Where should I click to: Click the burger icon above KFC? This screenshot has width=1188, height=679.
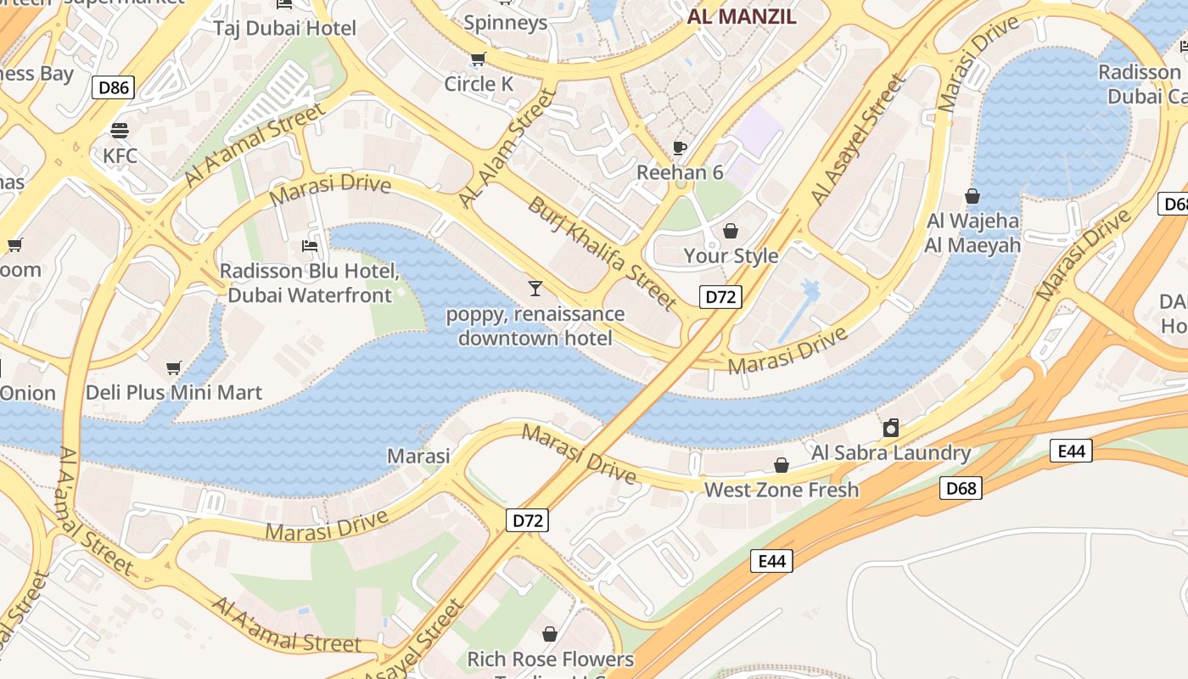[x=120, y=130]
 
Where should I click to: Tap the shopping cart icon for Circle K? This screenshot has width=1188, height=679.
[x=478, y=59]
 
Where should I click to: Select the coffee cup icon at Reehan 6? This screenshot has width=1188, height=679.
[x=679, y=148]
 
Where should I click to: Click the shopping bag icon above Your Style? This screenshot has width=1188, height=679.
[x=731, y=230]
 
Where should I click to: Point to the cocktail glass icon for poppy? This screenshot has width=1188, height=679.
[x=535, y=288]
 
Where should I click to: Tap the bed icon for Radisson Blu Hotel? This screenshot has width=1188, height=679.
[x=310, y=246]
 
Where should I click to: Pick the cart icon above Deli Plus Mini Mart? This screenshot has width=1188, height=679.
[x=174, y=368]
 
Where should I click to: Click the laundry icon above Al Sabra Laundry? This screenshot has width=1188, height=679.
[x=891, y=428]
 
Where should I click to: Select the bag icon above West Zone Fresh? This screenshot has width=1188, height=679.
[x=782, y=465]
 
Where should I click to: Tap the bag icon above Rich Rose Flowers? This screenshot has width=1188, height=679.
[x=550, y=634]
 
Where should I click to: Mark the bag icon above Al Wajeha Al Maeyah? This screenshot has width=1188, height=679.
[x=972, y=196]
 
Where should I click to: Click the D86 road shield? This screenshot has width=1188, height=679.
[x=114, y=87]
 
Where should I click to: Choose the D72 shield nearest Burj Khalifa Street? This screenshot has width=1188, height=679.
[x=720, y=297]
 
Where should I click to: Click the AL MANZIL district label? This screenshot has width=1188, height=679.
[x=742, y=16]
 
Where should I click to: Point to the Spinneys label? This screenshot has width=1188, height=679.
[x=506, y=23]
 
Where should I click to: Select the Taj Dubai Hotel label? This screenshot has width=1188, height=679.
[x=285, y=28]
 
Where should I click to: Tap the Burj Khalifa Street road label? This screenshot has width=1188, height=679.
[x=602, y=253]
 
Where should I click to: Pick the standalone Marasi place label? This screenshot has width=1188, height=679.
[x=418, y=456]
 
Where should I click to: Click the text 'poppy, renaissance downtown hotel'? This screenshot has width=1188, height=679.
[x=535, y=326]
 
